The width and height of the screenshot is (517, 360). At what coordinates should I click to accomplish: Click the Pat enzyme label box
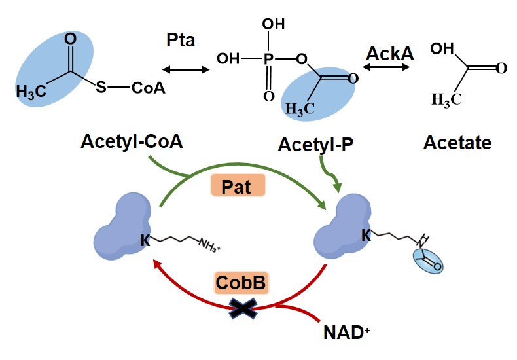(x=236, y=186)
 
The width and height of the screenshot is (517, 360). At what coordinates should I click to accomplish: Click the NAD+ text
(x=344, y=332)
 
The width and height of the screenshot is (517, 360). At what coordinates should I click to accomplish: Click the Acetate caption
(x=457, y=142)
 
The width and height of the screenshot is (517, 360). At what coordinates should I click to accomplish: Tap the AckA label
(x=389, y=53)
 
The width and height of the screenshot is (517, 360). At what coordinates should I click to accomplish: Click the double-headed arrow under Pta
(x=185, y=67)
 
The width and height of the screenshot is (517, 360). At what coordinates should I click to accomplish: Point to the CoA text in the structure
(x=148, y=88)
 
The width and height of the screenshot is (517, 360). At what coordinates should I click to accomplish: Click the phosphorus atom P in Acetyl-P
(x=268, y=59)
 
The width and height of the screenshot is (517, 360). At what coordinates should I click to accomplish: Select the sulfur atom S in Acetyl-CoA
(x=101, y=87)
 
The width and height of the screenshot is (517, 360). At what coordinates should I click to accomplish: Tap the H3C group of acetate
(x=446, y=99)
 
